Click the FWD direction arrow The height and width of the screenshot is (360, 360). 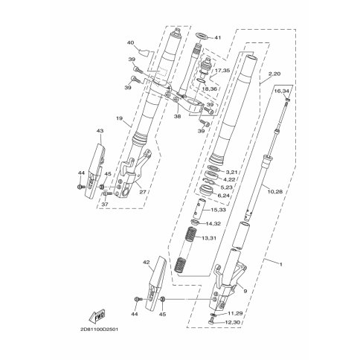click(97, 316)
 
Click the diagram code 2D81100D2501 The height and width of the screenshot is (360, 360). click(99, 330)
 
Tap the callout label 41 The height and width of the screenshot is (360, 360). click(217, 38)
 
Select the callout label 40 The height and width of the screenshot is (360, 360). click(130, 42)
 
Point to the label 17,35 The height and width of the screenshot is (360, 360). click(222, 71)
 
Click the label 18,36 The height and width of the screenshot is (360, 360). click(210, 89)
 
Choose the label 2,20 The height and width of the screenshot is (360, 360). click(274, 74)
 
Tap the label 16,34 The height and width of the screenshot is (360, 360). click(282, 91)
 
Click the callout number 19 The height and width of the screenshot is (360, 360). click(119, 118)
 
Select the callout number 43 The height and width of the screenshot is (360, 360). click(100, 130)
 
